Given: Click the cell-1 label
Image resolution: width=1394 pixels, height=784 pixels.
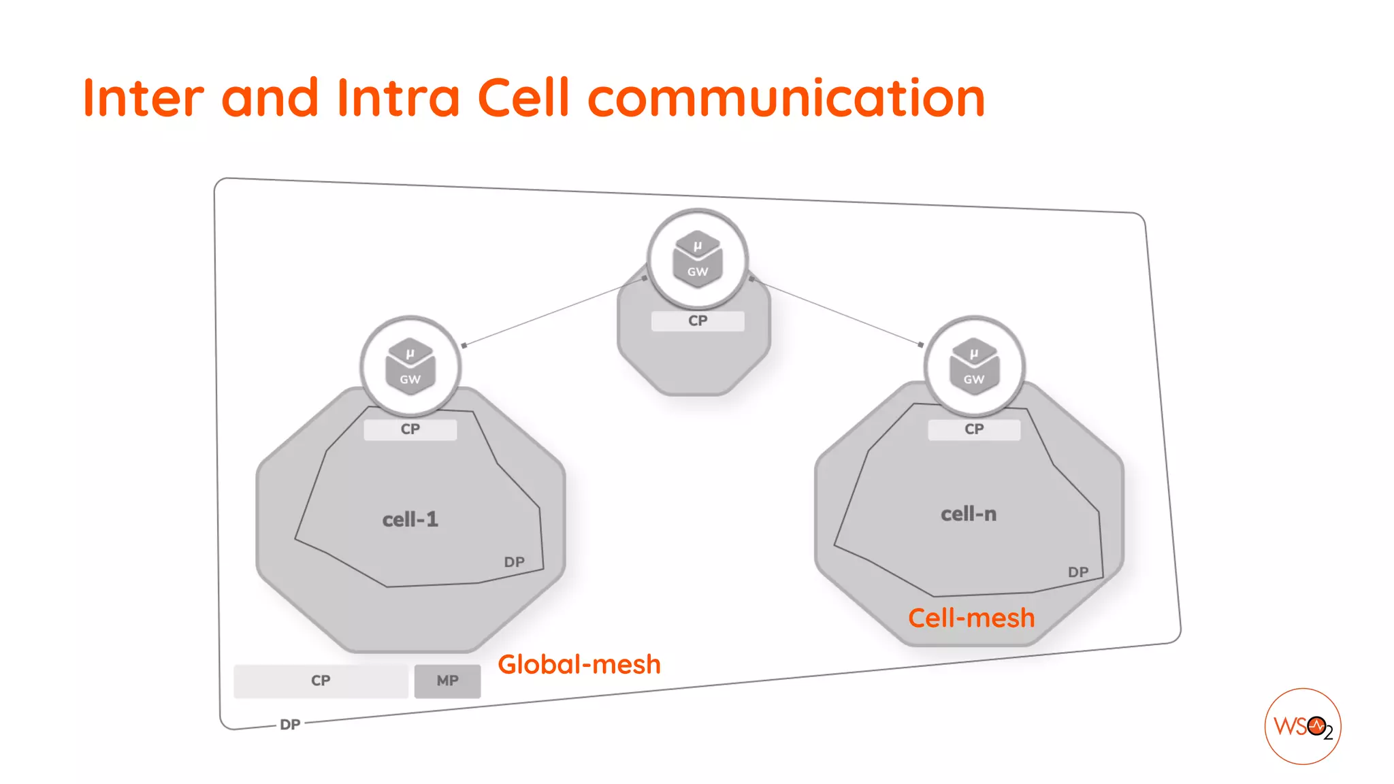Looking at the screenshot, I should coord(410,520).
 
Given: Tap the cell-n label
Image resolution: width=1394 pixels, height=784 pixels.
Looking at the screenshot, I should coord(968,514).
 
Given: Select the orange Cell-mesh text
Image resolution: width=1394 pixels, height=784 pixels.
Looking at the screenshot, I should coord(971,618).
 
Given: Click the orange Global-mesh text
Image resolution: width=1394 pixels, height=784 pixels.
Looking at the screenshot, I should coord(579,664).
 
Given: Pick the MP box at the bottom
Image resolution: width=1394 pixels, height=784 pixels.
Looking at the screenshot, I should coord(447,681).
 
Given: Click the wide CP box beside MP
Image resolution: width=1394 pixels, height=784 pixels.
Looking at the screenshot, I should coord(321,681).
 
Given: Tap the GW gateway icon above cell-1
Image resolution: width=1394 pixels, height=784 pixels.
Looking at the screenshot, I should coord(410,366).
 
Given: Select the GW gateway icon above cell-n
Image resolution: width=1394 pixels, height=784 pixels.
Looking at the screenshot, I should coord(974,366).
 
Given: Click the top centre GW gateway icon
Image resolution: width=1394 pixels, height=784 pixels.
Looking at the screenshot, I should coord(697,259).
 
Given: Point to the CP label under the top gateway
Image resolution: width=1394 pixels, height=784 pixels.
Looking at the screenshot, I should coord(698,321).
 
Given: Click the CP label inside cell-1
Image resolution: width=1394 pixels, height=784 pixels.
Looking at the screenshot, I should coord(410,429).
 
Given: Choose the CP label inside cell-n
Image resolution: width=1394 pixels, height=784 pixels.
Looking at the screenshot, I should coord(974,429).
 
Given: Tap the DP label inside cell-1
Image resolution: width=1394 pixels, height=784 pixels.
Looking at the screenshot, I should coord(514,562).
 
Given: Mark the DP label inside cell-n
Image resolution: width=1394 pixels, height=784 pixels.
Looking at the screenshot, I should coord(1078,572).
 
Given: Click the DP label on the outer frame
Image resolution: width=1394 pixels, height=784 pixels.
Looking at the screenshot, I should coord(290,725).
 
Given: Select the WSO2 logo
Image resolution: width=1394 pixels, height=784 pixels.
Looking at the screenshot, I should coord(1302,726).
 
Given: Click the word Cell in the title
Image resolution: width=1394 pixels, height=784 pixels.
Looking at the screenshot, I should coord(523,98).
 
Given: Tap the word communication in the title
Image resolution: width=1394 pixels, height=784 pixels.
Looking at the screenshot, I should coord(786,98).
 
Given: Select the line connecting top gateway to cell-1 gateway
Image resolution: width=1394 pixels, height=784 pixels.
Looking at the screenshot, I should coord(554,311).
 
